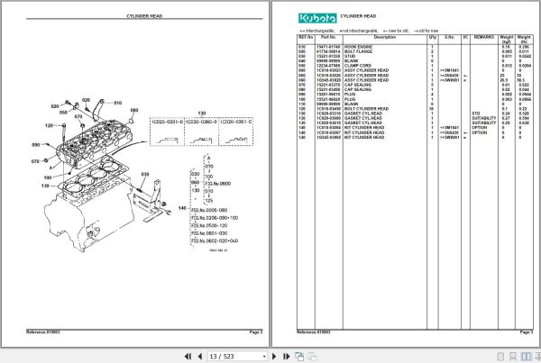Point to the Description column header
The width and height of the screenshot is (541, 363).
pos(384,37)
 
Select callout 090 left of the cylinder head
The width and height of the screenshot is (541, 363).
pos(62,144)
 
